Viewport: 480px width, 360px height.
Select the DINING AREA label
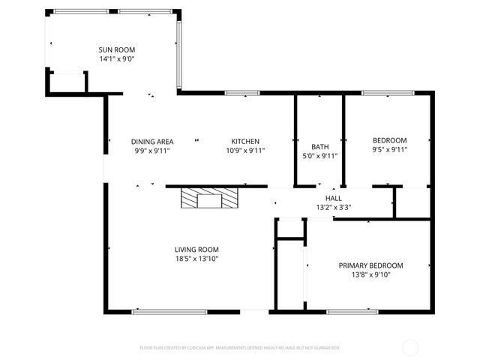152,141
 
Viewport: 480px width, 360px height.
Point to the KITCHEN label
245,141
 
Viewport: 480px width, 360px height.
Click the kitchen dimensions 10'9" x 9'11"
245,150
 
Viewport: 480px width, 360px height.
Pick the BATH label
319,147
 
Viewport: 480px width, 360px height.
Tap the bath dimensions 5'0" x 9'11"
319,156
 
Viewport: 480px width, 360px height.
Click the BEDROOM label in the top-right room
389,140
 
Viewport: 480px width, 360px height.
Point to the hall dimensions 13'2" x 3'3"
334,208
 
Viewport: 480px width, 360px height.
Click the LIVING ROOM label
196,250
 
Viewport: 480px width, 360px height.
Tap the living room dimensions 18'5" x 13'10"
196,259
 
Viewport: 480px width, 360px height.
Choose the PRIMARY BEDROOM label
370,265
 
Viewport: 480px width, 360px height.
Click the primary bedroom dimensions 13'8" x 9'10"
370,274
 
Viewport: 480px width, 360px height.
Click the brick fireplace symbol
209,199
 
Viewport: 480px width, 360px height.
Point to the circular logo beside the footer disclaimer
410,347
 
